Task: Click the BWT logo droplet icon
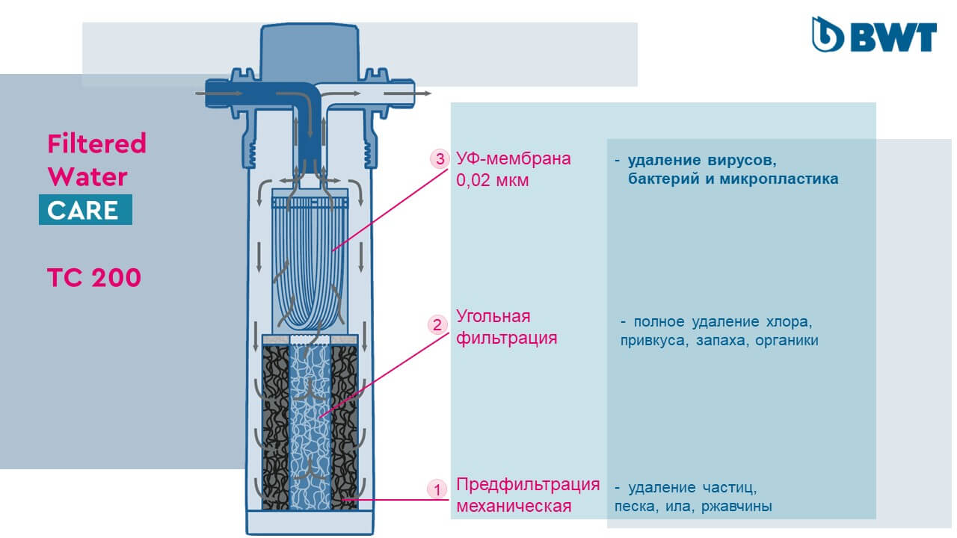[827, 34]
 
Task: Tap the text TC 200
[93, 278]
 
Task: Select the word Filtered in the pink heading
[96, 143]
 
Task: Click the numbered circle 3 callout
[438, 159]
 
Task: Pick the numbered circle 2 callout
[437, 324]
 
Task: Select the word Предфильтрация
[528, 483]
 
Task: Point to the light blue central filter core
[310, 426]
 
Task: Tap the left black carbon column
[275, 426]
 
